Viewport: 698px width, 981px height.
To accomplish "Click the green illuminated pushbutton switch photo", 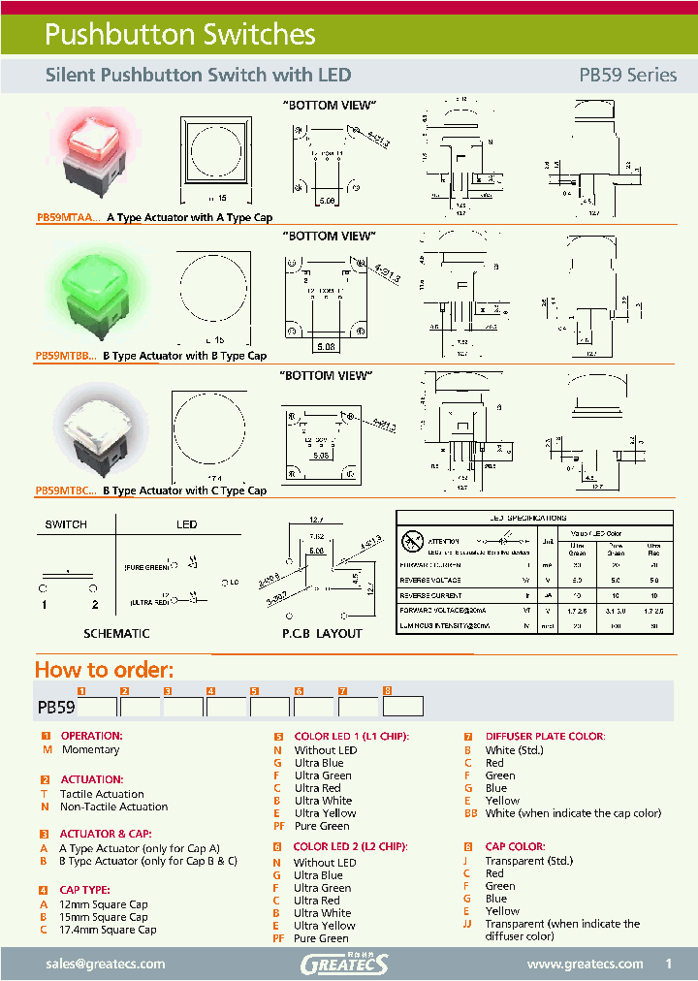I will click(x=97, y=291).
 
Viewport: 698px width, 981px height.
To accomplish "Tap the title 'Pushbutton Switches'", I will click(x=180, y=35).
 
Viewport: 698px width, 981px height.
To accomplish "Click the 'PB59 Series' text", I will click(x=627, y=75).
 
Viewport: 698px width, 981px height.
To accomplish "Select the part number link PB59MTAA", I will click(x=67, y=218).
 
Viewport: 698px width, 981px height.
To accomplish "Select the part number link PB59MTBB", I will click(x=65, y=356).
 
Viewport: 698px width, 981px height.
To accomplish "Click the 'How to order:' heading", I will click(x=104, y=670).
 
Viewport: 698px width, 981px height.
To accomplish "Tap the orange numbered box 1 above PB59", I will click(x=82, y=690).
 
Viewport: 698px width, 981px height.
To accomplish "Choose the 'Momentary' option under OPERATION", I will click(x=91, y=749).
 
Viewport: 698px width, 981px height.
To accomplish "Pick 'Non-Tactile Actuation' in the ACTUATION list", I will click(x=113, y=807).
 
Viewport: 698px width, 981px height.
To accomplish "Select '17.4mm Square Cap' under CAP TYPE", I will click(x=108, y=930).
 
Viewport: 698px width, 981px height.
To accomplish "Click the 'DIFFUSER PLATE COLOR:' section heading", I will click(x=545, y=737).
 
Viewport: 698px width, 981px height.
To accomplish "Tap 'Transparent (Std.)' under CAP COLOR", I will click(x=529, y=861).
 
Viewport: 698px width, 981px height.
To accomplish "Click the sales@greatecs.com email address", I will click(x=106, y=964).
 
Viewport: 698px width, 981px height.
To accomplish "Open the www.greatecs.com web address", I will click(x=585, y=964).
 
